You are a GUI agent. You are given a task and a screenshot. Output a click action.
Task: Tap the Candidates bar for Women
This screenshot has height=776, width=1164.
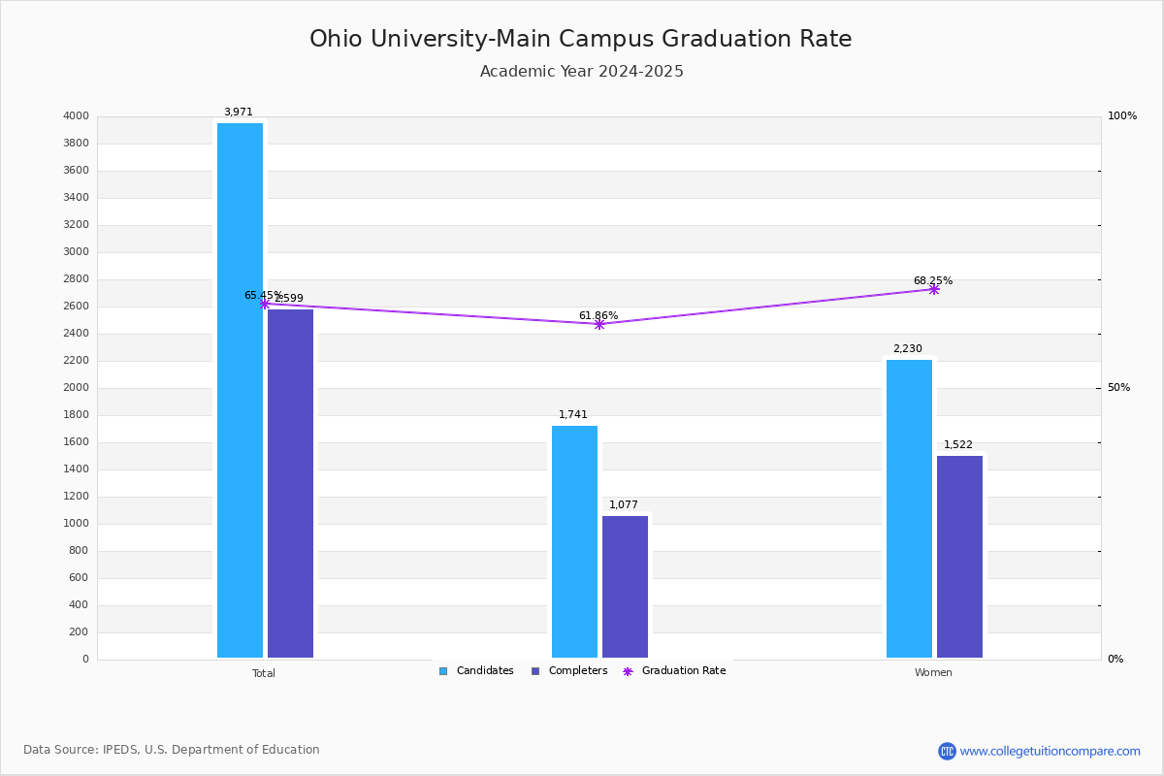click(909, 508)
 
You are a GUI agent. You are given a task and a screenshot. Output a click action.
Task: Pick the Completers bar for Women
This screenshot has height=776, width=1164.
click(959, 557)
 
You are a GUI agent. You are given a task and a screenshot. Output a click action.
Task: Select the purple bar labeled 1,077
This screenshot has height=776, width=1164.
click(625, 587)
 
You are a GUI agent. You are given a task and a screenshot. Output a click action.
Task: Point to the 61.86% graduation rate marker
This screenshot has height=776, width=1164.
click(599, 324)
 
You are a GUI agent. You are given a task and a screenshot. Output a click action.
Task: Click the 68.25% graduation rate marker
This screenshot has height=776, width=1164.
click(934, 289)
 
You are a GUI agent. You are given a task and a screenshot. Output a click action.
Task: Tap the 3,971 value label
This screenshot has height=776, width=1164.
click(239, 113)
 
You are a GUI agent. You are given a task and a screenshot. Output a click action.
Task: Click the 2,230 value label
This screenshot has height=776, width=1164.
click(908, 349)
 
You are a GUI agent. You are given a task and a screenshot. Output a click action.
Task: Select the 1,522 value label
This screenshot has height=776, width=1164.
click(958, 445)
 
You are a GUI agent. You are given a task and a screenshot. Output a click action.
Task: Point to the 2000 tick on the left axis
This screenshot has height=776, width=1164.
click(76, 388)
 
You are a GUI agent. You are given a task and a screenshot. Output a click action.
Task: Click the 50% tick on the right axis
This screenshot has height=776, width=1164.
click(1118, 388)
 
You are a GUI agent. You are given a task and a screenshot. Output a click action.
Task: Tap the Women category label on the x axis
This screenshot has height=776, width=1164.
click(933, 673)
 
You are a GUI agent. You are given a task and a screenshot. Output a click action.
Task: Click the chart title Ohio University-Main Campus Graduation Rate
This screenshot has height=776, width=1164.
click(580, 39)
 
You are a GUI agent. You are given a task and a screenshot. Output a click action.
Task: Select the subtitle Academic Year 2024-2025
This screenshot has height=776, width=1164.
click(581, 72)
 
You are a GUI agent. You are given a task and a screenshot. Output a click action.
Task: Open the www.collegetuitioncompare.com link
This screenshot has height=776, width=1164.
click(1050, 751)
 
